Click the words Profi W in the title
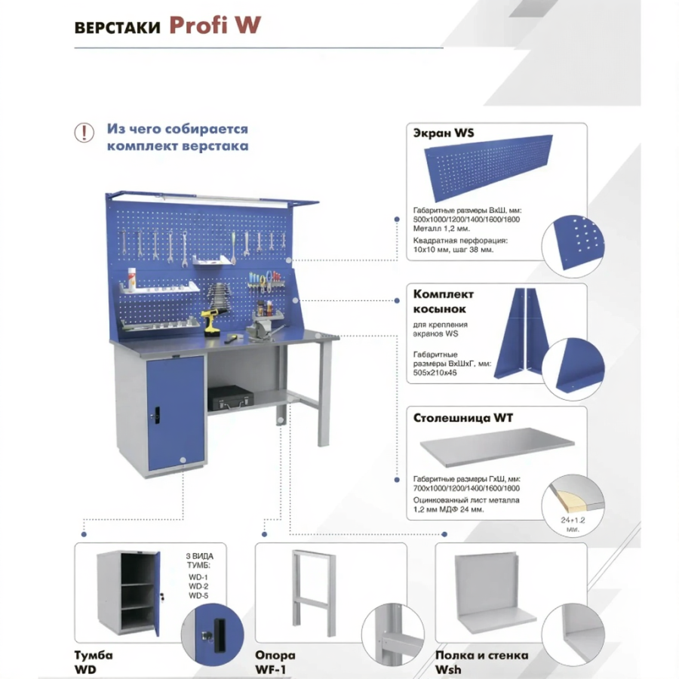click(215, 25)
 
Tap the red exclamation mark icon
click(84, 133)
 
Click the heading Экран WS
click(444, 133)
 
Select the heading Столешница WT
click(464, 416)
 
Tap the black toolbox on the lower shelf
click(228, 397)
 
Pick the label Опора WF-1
click(275, 662)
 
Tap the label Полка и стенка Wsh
click(481, 662)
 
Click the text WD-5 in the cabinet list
click(198, 596)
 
